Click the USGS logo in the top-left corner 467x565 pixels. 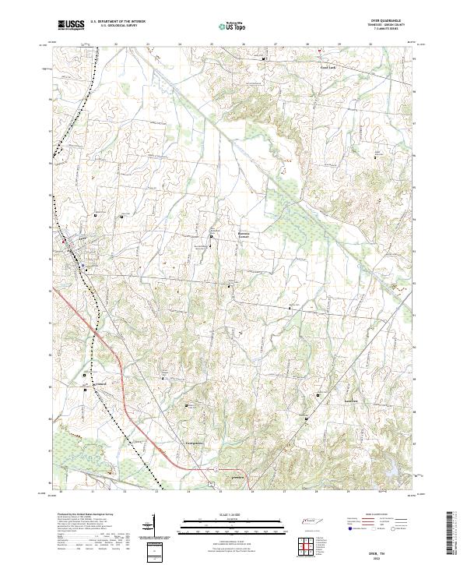pyautogui.click(x=71, y=25)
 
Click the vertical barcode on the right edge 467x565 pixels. pyautogui.click(x=451, y=534)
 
